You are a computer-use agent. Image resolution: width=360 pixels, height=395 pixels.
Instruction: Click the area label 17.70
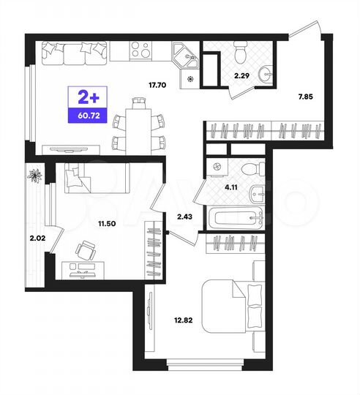point(157,86)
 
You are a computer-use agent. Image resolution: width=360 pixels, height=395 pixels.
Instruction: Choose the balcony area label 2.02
point(37,237)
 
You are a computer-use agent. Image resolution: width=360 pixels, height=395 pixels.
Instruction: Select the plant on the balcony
point(35,176)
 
